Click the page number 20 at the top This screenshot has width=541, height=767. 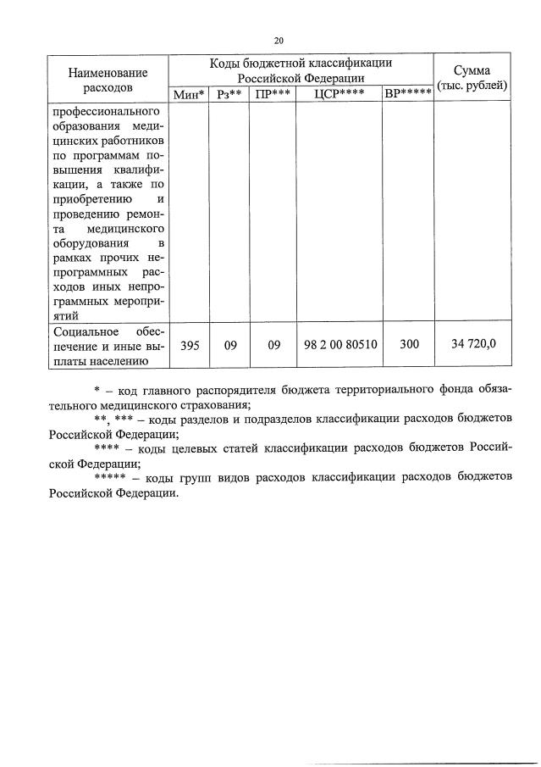click(x=279, y=39)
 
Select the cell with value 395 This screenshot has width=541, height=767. click(x=189, y=345)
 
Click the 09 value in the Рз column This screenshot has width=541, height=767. click(x=229, y=345)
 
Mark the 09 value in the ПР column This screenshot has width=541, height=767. click(x=273, y=345)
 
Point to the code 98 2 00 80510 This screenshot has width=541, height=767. click(x=340, y=345)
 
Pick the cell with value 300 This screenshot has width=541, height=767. click(x=408, y=345)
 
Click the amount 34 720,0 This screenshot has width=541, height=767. click(x=472, y=345)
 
